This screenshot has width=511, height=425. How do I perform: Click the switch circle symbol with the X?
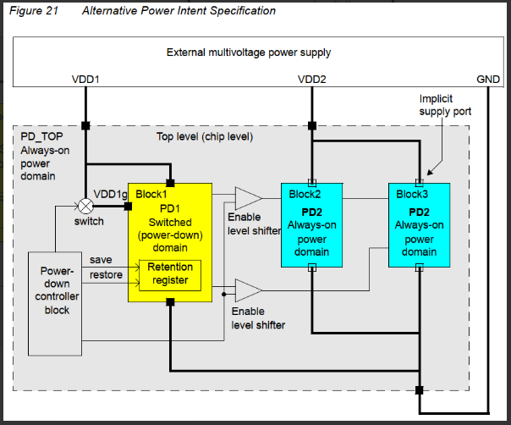(85, 205)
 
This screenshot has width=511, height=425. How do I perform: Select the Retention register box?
(171, 274)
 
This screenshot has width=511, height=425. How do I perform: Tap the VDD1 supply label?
(85, 79)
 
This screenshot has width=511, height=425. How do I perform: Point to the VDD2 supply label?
(312, 79)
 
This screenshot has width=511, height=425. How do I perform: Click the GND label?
(488, 79)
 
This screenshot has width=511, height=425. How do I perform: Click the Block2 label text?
(305, 194)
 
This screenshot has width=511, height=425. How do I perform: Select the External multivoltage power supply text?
(249, 52)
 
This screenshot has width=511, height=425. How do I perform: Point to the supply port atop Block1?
(170, 183)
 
